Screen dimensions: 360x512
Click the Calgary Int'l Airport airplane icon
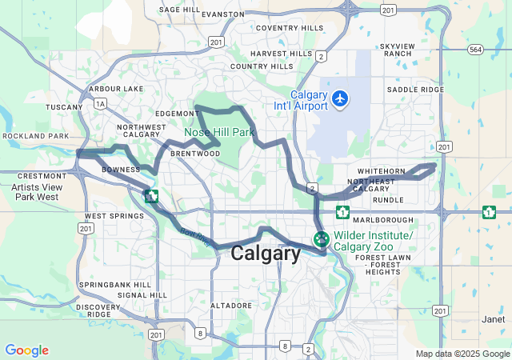pos(342,98)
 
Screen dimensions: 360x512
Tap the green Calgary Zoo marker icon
pos(322,238)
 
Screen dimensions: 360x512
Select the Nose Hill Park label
pos(219,132)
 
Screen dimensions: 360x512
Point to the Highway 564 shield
pos(476,50)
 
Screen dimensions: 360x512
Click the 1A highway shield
pos(100,103)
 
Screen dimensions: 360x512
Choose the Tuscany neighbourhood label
pos(64,106)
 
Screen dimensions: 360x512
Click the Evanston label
pos(223,14)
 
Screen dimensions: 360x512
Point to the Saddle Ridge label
pos(415,90)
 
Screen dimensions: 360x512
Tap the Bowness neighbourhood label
pos(121,170)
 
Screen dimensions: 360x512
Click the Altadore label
pos(231,306)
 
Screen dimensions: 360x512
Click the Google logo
pos(26,350)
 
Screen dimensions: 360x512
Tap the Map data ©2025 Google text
pos(462,354)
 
